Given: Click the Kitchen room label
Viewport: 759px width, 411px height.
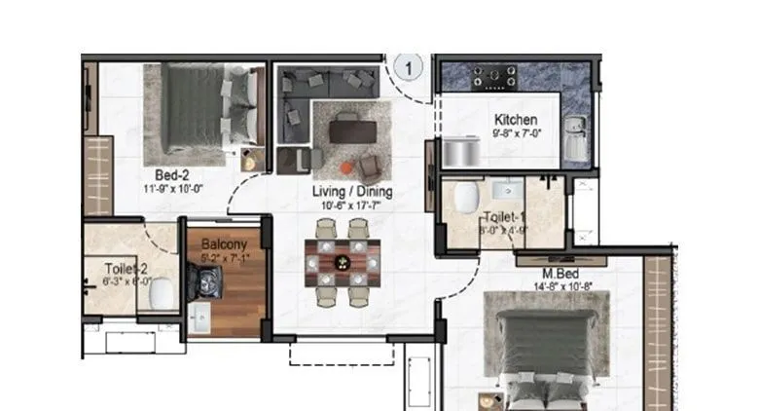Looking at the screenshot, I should pos(516,119).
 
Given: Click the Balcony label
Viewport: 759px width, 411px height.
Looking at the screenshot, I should pos(224,244).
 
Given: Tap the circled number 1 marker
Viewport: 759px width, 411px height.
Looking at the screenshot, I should pos(410,68).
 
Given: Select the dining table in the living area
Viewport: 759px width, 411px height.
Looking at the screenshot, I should pos(340,260).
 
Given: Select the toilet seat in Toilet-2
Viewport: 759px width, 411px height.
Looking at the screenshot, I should pos(164,290).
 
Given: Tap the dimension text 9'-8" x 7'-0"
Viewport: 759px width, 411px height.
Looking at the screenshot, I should pos(516,134).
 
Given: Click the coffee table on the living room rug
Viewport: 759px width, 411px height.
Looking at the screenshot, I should pos(348,129).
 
